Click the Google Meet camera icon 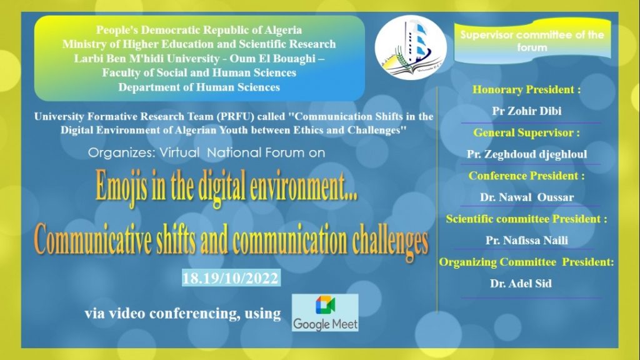click(x=325, y=306)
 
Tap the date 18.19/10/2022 click(x=231, y=278)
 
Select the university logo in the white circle click(x=410, y=47)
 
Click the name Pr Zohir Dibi click(x=526, y=111)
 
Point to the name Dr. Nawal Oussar click(x=526, y=197)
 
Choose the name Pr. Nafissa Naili click(x=526, y=241)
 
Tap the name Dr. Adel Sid click(x=521, y=284)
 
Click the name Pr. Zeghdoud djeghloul click(x=527, y=154)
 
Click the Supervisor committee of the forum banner click(x=532, y=41)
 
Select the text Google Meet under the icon click(x=325, y=324)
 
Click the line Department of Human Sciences click(x=199, y=87)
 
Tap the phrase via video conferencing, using click(x=183, y=314)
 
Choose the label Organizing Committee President click(x=526, y=262)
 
